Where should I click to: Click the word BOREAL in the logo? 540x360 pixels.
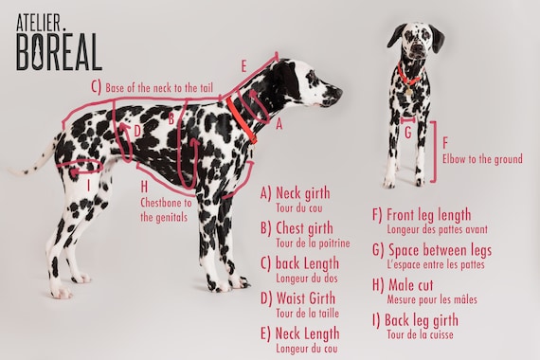(59, 52)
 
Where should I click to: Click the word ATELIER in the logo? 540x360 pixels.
(38, 23)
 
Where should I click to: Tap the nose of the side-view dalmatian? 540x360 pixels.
(339, 92)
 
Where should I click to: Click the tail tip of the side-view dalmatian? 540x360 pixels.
(10, 170)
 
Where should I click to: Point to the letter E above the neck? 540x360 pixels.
(243, 66)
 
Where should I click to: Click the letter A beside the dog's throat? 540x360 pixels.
(279, 124)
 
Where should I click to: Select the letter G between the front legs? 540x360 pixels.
(408, 133)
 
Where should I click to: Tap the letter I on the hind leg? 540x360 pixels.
(88, 186)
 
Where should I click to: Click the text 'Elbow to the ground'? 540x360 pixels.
(482, 159)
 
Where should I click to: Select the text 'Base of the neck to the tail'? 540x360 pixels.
(159, 88)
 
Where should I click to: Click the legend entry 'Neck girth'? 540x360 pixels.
(303, 193)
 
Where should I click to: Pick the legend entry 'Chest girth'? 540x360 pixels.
(304, 228)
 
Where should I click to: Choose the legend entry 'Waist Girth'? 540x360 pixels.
(305, 298)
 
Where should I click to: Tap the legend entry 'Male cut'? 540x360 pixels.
(411, 285)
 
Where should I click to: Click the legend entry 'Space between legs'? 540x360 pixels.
(441, 250)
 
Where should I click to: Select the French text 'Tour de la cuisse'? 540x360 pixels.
(420, 334)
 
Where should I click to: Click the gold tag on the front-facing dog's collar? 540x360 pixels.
(408, 91)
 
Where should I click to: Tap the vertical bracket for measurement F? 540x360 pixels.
(435, 152)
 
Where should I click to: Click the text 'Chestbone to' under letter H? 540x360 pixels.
(166, 203)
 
